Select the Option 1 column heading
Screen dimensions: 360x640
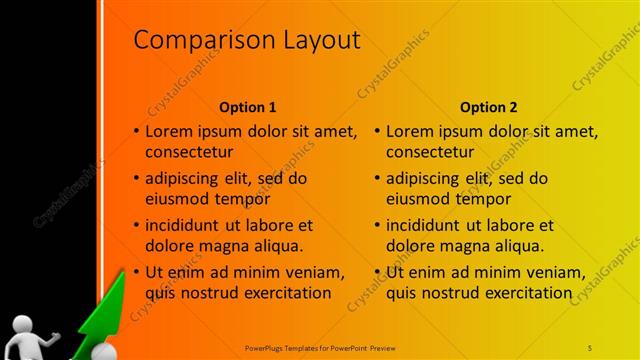click(247, 107)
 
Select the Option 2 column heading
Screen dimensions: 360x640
click(489, 107)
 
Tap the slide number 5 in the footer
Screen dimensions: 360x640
click(590, 347)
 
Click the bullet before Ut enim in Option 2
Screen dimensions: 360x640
click(377, 271)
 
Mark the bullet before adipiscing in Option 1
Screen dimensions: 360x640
click(137, 179)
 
